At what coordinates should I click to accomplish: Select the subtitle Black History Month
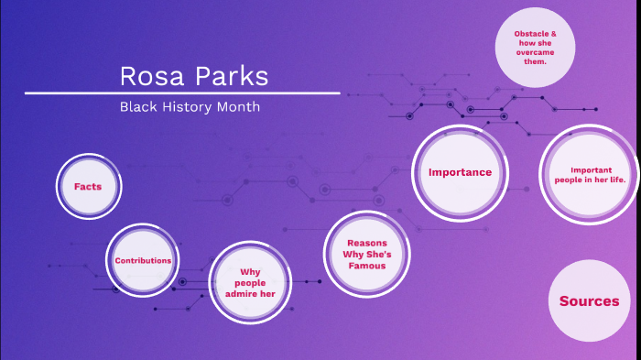click(x=190, y=107)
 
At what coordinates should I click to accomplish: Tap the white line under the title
click(x=182, y=93)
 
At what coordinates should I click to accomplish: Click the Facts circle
click(x=89, y=186)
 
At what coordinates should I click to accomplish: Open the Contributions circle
click(x=143, y=260)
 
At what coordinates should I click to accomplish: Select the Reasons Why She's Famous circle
click(x=366, y=254)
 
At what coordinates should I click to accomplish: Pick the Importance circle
click(x=460, y=171)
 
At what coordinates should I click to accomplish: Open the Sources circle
click(x=589, y=300)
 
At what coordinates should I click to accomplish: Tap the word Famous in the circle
click(x=366, y=266)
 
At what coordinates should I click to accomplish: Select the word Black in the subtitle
click(x=136, y=107)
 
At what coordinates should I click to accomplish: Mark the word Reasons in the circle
click(x=366, y=243)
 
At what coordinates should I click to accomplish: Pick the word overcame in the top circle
click(x=535, y=53)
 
